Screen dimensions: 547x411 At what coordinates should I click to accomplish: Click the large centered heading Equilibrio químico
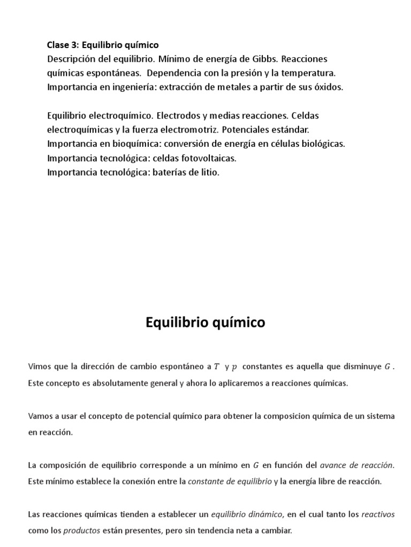click(205, 323)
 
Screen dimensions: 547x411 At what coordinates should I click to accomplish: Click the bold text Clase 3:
click(63, 45)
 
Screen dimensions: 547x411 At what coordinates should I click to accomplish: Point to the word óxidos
click(328, 87)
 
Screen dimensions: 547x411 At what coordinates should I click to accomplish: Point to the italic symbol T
click(216, 366)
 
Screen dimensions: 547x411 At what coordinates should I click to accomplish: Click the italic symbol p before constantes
click(234, 367)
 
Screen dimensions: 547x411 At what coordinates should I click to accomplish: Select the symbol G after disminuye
click(388, 366)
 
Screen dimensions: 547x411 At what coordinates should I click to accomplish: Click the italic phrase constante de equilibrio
click(230, 481)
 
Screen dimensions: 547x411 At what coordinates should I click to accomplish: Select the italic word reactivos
click(378, 514)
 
